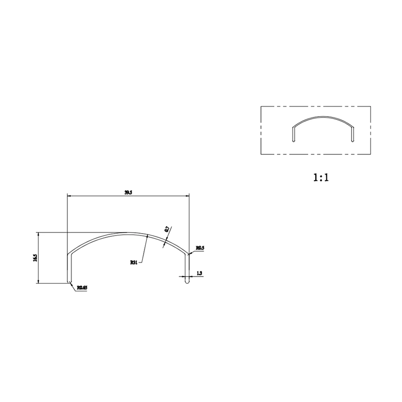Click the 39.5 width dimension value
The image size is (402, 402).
click(x=128, y=193)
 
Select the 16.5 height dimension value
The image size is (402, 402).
click(x=35, y=258)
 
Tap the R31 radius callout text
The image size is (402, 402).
click(x=134, y=263)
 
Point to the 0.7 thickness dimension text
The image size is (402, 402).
click(x=167, y=230)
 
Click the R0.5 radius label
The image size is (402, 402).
click(x=200, y=248)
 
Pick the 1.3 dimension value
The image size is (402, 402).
click(x=199, y=273)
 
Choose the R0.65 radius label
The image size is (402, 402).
click(x=82, y=287)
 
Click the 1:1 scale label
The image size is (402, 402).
click(x=321, y=177)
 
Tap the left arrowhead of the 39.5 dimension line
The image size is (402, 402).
click(x=69, y=196)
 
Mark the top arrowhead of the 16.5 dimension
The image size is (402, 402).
click(x=38, y=234)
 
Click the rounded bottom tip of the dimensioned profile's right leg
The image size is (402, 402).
click(x=187, y=283)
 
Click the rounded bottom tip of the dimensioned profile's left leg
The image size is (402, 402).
click(x=69, y=282)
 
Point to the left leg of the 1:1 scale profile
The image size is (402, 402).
click(x=293, y=134)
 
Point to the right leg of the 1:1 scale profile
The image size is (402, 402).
click(x=353, y=134)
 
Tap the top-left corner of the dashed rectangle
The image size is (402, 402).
click(x=261, y=106)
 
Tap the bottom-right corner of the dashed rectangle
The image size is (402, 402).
click(x=370, y=154)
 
